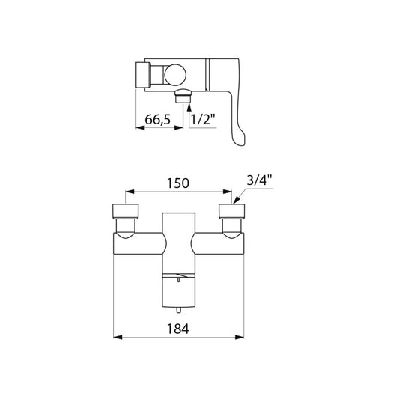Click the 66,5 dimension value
click(157, 119)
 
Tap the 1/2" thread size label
click(203, 119)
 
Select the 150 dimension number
click(178, 183)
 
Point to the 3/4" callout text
click(259, 180)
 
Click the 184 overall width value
click(178, 329)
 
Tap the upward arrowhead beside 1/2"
click(189, 106)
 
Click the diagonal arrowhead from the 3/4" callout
click(237, 200)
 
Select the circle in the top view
click(175, 75)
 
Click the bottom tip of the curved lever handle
click(241, 144)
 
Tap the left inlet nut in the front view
click(126, 211)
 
